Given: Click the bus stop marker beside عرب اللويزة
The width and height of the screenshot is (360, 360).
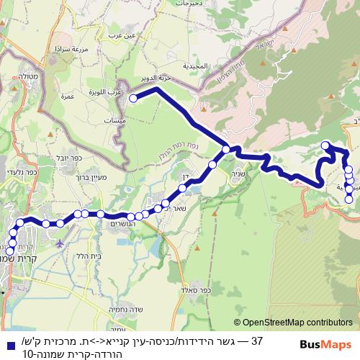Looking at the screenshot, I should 132,98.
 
